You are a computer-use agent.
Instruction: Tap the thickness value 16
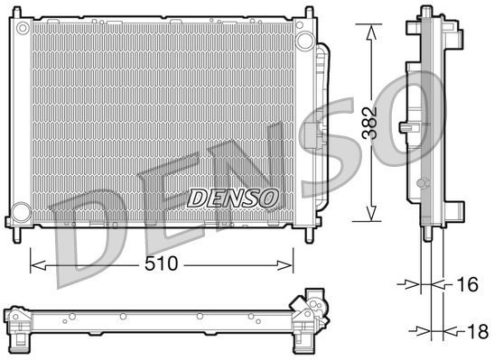465,285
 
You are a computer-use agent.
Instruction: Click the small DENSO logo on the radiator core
234,196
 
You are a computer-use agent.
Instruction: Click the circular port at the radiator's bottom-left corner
19,217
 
